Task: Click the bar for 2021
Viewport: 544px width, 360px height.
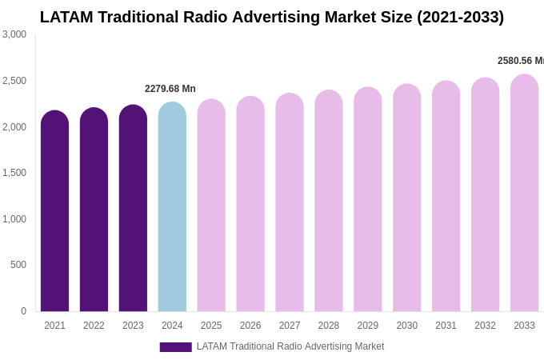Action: pos(54,212)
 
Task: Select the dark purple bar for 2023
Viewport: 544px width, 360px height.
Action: pos(133,209)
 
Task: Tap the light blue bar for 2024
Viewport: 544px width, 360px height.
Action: pos(172,207)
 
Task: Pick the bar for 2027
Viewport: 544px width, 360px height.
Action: pos(290,203)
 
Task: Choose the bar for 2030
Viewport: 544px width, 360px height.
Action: pos(406,198)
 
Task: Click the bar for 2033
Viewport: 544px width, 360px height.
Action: pos(524,194)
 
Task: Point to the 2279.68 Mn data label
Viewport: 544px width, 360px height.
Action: pos(170,89)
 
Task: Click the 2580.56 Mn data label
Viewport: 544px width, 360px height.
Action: pos(520,61)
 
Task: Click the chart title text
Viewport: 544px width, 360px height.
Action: pos(272,17)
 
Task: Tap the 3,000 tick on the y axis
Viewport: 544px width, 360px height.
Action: pos(14,34)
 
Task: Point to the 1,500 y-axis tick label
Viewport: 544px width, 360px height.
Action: pos(14,173)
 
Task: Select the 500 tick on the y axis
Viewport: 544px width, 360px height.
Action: pos(18,265)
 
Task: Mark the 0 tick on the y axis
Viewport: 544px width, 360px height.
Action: pos(23,311)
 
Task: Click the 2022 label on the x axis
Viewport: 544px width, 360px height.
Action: pos(94,326)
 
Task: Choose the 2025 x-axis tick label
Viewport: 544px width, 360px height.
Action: pos(211,326)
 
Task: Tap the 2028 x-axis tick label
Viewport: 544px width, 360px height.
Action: pos(329,326)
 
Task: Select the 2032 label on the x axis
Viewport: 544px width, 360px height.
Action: pos(485,326)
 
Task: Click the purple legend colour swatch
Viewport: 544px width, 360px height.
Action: pos(175,347)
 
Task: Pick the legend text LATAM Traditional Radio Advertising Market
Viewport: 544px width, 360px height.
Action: pos(290,346)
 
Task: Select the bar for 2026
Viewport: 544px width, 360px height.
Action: pos(250,205)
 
